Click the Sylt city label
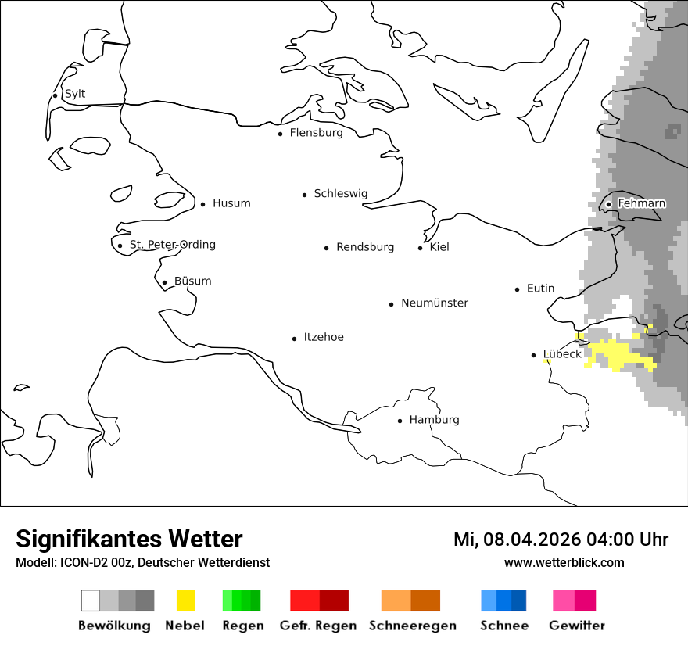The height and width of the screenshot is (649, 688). coord(75,94)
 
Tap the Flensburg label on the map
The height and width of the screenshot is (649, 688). coord(316,133)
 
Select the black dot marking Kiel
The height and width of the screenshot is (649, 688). coord(421,248)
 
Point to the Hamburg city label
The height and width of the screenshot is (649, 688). coord(434,420)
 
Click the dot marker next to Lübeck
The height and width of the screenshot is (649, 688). coord(534,355)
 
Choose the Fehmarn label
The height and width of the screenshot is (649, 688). coord(641,203)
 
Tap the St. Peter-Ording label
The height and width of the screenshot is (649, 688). coord(172,245)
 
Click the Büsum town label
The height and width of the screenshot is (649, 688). coord(192,281)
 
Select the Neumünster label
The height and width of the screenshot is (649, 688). coord(435,303)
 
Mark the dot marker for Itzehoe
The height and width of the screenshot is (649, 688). coord(295,339)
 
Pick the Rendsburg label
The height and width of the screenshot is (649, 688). coord(365,247)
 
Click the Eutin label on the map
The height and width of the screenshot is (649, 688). coord(540,289)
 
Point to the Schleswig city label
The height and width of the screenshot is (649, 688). coord(340,194)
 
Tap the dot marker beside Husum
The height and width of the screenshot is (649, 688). coord(203,204)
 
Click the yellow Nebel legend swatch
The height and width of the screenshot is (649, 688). coord(186,601)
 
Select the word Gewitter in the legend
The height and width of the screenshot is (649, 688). coord(577,626)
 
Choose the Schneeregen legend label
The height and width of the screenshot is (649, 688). coord(412,626)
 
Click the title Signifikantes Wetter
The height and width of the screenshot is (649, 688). coord(129,539)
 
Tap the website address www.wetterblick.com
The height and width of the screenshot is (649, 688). coord(564,562)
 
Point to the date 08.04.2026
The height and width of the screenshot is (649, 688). coord(532,540)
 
